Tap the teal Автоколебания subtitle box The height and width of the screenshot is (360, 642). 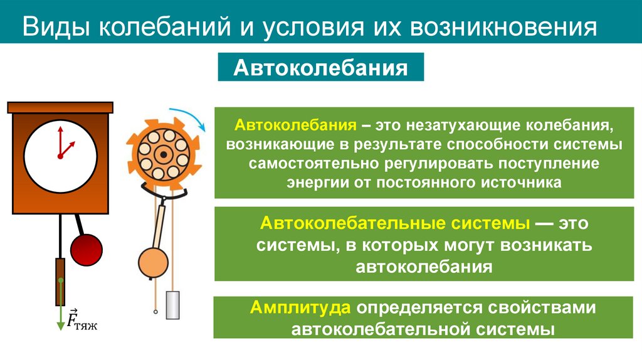pos(320,67)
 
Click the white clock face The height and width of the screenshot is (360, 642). pos(60,154)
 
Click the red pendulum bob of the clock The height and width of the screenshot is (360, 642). pos(86,249)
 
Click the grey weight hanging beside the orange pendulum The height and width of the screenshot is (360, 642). pos(173,306)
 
